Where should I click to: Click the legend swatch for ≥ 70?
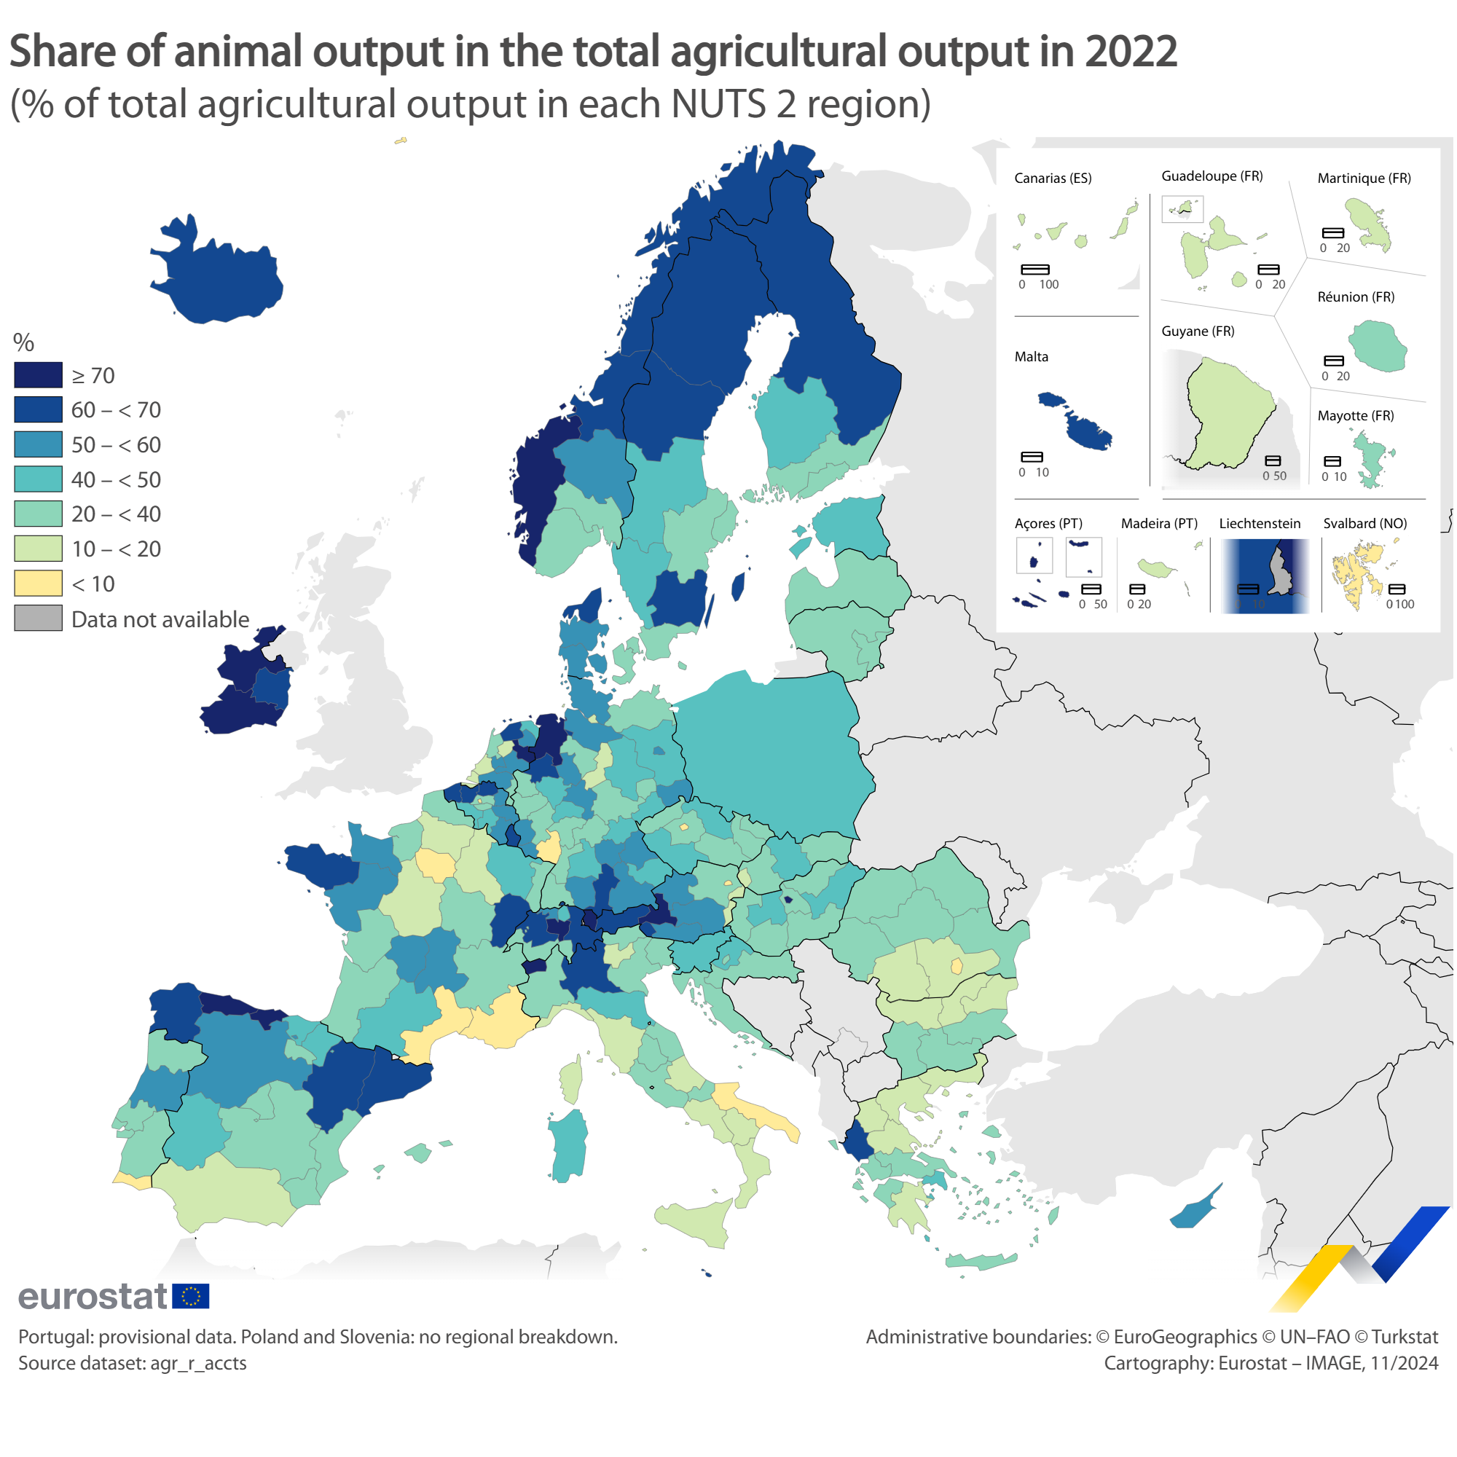pyautogui.click(x=38, y=374)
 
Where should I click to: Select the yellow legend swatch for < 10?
pyautogui.click(x=38, y=584)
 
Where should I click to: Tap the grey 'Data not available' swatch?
pyautogui.click(x=38, y=618)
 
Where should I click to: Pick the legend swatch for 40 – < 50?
pyautogui.click(x=38, y=479)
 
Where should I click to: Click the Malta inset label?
pyautogui.click(x=1031, y=357)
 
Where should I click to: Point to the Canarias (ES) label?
pyautogui.click(x=1053, y=178)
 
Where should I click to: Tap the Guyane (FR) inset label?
pyautogui.click(x=1198, y=331)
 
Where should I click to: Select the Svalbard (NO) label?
pyautogui.click(x=1365, y=523)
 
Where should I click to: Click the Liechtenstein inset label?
pyautogui.click(x=1260, y=523)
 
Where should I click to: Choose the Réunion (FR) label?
pyautogui.click(x=1355, y=297)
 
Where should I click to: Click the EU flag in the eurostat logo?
pyautogui.click(x=191, y=1297)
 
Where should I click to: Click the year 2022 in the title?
pyautogui.click(x=1131, y=51)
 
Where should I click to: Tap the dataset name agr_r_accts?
pyautogui.click(x=198, y=1363)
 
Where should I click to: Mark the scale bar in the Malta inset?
pyautogui.click(x=1032, y=457)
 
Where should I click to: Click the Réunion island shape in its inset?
pyautogui.click(x=1377, y=345)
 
